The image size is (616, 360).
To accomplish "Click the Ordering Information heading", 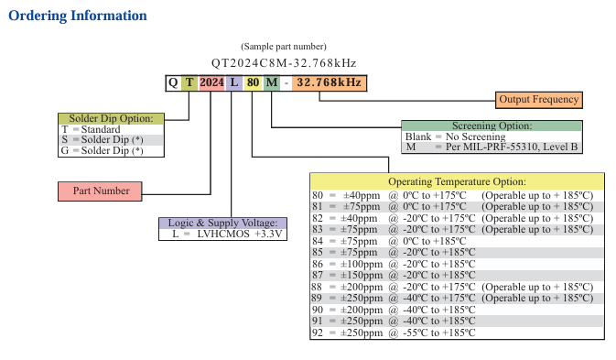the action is [78, 16].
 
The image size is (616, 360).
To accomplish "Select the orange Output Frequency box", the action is [538, 100].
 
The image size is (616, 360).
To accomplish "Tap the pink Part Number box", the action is [100, 191].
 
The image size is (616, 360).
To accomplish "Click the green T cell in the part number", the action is [189, 82].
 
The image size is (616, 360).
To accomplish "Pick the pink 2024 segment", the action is [211, 82].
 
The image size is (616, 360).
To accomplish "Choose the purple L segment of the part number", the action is [234, 82].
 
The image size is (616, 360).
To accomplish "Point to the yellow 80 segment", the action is [253, 82].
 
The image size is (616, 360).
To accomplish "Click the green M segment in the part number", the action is [272, 82].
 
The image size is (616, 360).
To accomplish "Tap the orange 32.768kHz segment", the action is [330, 82].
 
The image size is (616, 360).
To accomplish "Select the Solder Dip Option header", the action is [111, 119].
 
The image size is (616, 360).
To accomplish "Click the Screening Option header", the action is [492, 125].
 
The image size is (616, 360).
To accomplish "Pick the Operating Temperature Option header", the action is [457, 181].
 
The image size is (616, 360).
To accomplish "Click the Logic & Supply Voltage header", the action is [222, 223].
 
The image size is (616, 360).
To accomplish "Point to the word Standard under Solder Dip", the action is [101, 129].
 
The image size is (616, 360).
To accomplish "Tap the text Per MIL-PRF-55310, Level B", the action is [512, 147].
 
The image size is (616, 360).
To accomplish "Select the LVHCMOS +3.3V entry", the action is [240, 235].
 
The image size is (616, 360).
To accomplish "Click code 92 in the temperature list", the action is [318, 333].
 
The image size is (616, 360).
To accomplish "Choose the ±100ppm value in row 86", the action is [362, 264].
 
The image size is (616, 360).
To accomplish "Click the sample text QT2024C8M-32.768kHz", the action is [284, 63].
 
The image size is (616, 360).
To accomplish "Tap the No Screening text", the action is [475, 136].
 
